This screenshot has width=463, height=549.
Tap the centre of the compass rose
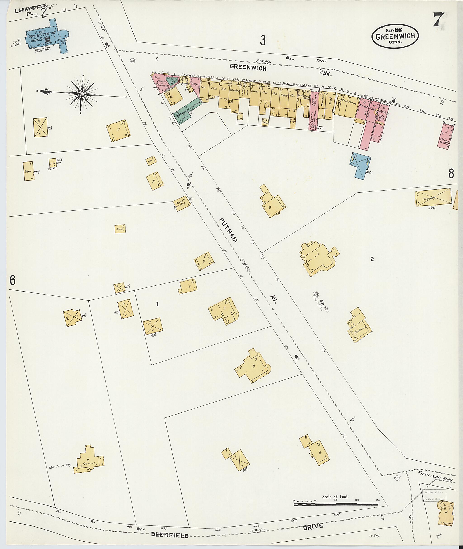pos(82,94)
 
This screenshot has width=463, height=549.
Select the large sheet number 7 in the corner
pos(439,20)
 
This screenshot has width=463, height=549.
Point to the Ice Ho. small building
pos(53,164)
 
